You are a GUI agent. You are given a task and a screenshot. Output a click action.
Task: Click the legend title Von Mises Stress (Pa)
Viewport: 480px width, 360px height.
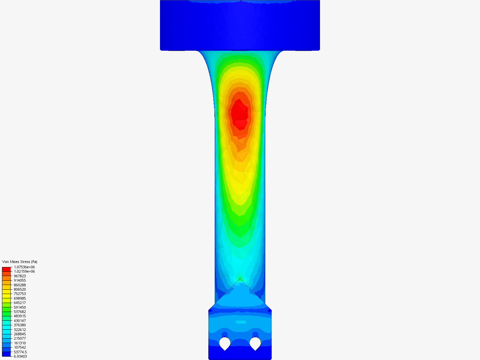pyautogui.click(x=20, y=262)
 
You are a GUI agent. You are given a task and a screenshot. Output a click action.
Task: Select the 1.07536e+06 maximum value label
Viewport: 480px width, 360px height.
pyautogui.click(x=24, y=267)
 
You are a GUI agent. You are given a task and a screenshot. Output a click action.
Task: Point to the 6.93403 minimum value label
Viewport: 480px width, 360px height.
pyautogui.click(x=20, y=356)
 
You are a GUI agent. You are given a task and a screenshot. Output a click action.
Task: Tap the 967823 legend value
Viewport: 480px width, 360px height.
pyautogui.click(x=20, y=276)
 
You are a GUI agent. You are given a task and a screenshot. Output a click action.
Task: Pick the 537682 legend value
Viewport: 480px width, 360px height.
pyautogui.click(x=20, y=312)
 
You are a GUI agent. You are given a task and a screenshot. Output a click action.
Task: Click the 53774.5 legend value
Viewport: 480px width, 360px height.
pyautogui.click(x=20, y=352)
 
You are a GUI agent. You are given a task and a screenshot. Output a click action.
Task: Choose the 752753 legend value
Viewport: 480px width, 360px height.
pyautogui.click(x=20, y=294)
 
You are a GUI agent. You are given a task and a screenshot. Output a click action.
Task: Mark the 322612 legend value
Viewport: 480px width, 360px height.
pyautogui.click(x=20, y=330)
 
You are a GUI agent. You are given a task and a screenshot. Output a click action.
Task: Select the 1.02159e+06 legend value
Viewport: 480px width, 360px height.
pyautogui.click(x=24, y=271)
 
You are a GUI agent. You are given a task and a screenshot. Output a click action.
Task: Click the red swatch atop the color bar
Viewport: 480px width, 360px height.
pyautogui.click(x=6, y=269)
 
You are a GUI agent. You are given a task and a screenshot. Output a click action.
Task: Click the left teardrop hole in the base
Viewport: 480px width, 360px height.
pyautogui.click(x=225, y=343)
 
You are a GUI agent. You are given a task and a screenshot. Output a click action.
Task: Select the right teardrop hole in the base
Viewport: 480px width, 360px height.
pyautogui.click(x=255, y=343)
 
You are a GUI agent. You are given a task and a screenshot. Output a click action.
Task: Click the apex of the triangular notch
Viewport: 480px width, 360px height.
pyautogui.click(x=240, y=279)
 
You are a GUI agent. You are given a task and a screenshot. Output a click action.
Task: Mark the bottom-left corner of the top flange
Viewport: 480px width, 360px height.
pyautogui.click(x=161, y=50)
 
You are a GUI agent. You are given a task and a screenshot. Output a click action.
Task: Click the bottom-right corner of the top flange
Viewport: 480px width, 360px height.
pyautogui.click(x=319, y=50)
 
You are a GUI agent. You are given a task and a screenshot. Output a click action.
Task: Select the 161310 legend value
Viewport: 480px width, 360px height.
pyautogui.click(x=20, y=343)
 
